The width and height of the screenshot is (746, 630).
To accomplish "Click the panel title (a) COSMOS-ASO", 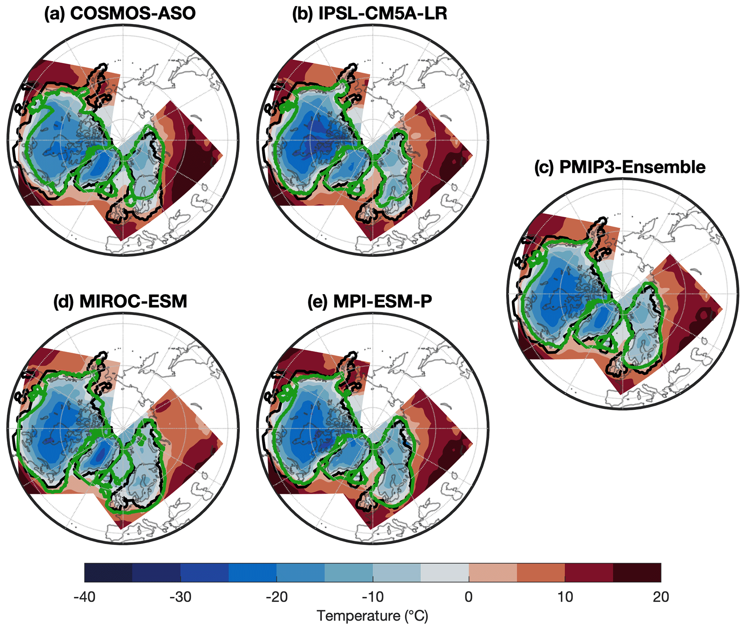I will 120,14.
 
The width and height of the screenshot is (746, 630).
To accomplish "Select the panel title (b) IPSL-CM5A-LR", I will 370,14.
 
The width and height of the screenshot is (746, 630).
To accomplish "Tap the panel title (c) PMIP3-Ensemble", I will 620,168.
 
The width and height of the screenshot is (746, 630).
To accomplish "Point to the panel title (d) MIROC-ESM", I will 120,301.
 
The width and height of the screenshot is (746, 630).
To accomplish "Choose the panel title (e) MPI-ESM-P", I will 370,301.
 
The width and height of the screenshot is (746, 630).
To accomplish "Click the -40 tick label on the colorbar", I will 84,597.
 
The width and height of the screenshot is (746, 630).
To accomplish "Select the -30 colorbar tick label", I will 180,597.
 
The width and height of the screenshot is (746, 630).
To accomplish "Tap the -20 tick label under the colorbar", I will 276,597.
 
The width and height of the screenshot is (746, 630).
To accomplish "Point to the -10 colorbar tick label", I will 372,597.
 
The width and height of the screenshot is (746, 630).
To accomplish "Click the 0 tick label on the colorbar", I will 468,597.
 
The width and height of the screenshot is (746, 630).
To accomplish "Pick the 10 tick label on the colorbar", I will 565,597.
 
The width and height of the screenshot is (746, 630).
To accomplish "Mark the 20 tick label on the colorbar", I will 661,597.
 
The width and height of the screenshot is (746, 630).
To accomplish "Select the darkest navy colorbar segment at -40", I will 108,572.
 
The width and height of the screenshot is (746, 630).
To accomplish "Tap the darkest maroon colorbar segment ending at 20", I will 637,572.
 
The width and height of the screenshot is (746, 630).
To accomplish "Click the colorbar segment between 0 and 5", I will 493,572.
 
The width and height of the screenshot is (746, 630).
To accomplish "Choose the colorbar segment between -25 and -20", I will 252,572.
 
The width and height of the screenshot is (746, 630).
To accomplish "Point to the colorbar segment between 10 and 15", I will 589,572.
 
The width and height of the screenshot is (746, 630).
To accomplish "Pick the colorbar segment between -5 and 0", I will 445,572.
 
